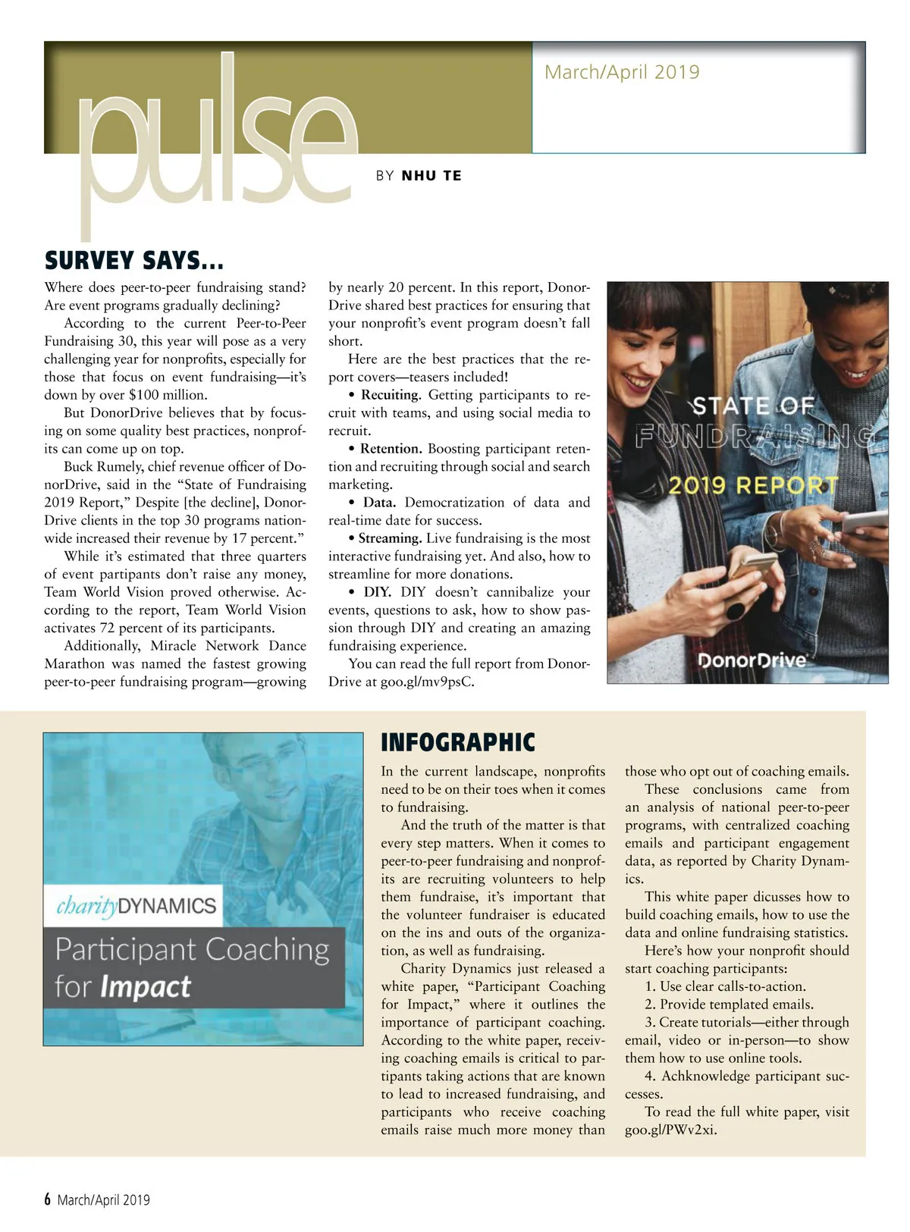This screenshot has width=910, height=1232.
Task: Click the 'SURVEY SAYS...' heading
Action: click(134, 261)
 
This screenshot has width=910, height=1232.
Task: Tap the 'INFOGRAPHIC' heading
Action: click(458, 742)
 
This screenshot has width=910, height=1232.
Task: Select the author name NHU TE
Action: click(431, 176)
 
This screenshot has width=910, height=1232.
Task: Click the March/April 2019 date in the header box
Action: click(622, 73)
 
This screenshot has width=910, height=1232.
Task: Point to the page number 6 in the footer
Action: click(48, 1199)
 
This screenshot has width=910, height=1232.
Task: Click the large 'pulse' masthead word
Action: click(216, 144)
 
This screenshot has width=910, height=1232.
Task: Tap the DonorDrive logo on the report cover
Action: click(752, 660)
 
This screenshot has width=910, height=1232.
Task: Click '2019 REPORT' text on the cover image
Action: click(753, 485)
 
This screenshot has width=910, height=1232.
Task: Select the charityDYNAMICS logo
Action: click(136, 906)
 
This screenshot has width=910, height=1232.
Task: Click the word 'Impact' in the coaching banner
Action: click(146, 987)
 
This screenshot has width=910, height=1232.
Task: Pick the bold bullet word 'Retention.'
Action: click(391, 449)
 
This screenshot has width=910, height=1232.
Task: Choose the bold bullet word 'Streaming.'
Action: click(390, 538)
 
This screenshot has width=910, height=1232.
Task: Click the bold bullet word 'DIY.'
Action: click(377, 592)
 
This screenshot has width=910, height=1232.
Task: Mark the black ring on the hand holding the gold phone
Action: click(736, 609)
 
